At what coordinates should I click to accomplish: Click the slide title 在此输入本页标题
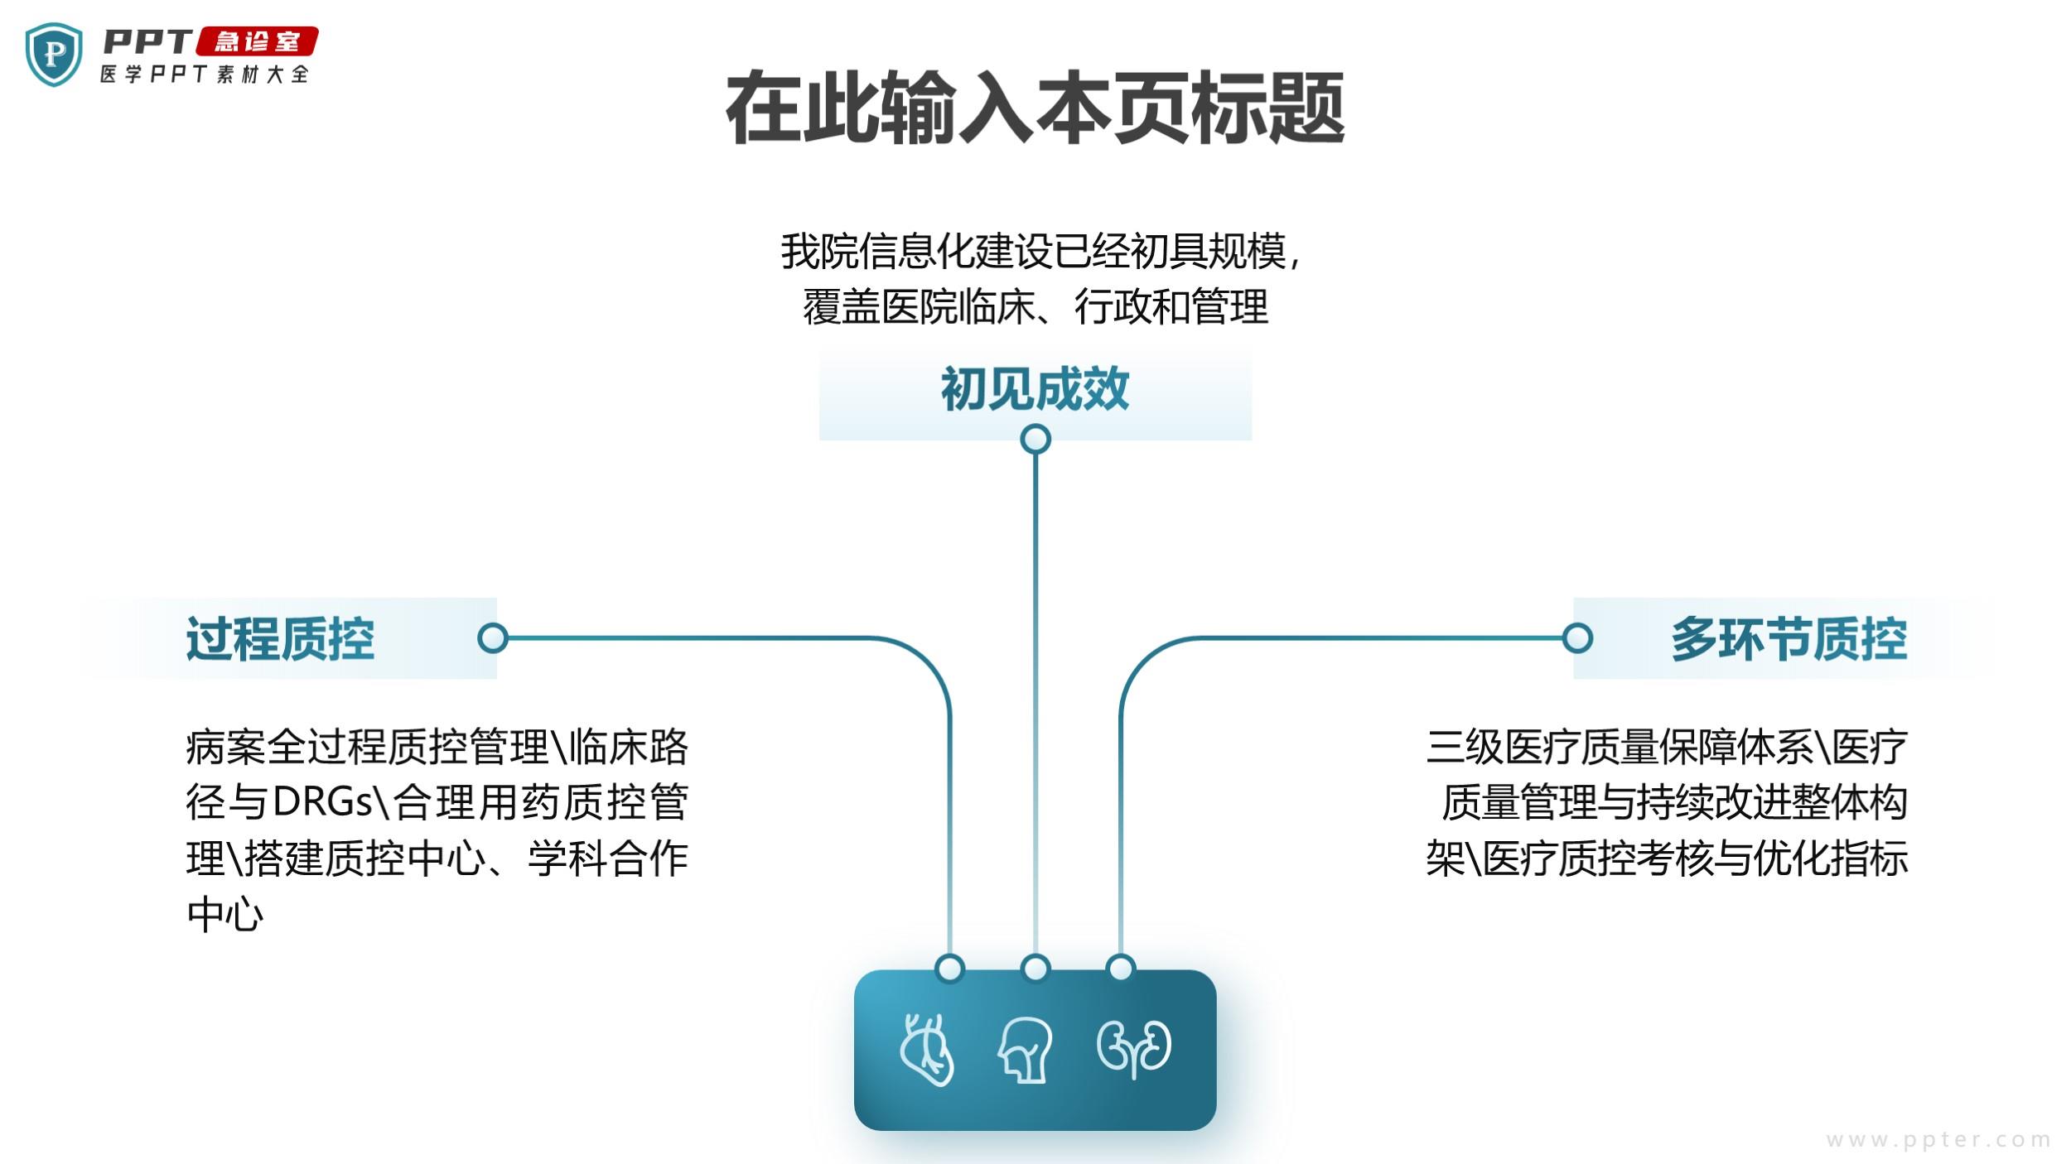pyautogui.click(x=1035, y=108)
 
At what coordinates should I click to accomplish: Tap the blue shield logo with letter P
pyautogui.click(x=54, y=55)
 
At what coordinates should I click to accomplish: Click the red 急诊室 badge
pyautogui.click(x=257, y=41)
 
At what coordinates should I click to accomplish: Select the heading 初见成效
pyautogui.click(x=1035, y=388)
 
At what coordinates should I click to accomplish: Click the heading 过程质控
pyautogui.click(x=280, y=638)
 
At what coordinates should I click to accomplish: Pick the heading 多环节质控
pyautogui.click(x=1789, y=638)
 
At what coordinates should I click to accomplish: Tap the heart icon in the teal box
pyautogui.click(x=927, y=1049)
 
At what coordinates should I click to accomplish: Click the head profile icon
pyautogui.click(x=1026, y=1050)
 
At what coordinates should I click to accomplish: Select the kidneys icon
pyautogui.click(x=1134, y=1049)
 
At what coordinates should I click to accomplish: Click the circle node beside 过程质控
pyautogui.click(x=493, y=638)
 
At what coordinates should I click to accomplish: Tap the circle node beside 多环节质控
pyautogui.click(x=1577, y=638)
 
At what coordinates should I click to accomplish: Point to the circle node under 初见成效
pyautogui.click(x=1035, y=439)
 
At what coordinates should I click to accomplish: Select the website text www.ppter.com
pyautogui.click(x=1938, y=1140)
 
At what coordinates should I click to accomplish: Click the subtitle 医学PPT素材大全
pyautogui.click(x=205, y=74)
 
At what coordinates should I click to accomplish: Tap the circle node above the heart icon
pyautogui.click(x=949, y=968)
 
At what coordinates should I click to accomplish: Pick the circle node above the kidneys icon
pyautogui.click(x=1121, y=968)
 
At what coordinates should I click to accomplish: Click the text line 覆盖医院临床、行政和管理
pyautogui.click(x=1035, y=307)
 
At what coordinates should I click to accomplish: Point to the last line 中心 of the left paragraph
pyautogui.click(x=224, y=914)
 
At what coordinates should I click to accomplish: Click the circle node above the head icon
pyautogui.click(x=1035, y=968)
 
